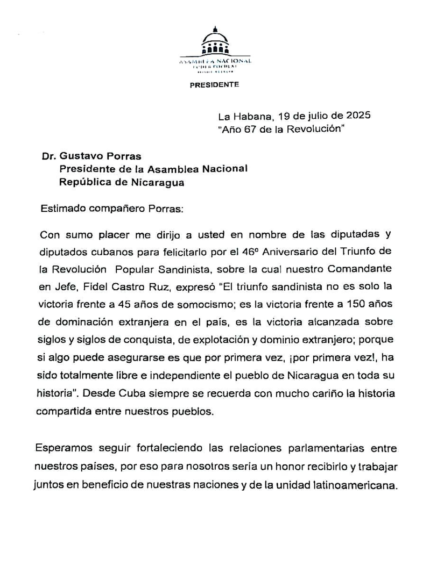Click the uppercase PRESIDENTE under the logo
pos(214,85)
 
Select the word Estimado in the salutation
pos(63,209)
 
